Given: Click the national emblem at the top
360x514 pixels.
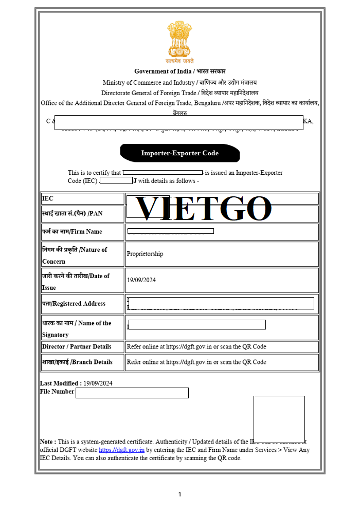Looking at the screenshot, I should [179, 40].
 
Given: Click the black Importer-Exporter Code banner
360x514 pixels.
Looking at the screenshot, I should [180, 153].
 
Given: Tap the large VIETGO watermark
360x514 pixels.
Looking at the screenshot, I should [203, 209].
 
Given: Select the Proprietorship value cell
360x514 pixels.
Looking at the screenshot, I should [145, 254].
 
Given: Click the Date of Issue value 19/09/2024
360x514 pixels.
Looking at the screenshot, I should [141, 280].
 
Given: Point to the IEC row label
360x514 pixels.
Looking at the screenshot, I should [48, 198].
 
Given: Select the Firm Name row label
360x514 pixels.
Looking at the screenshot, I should [72, 232].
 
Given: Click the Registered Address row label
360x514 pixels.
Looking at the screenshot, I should [74, 304].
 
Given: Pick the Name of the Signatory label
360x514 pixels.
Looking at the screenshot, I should [77, 328].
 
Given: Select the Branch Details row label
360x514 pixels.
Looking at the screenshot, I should [77, 362].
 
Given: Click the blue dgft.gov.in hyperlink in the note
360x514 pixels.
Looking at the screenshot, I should [121, 450].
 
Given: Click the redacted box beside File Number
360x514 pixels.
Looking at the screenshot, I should [132, 393].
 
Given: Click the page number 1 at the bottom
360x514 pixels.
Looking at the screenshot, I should [179, 494].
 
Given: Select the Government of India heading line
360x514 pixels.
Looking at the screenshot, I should [180, 71].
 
